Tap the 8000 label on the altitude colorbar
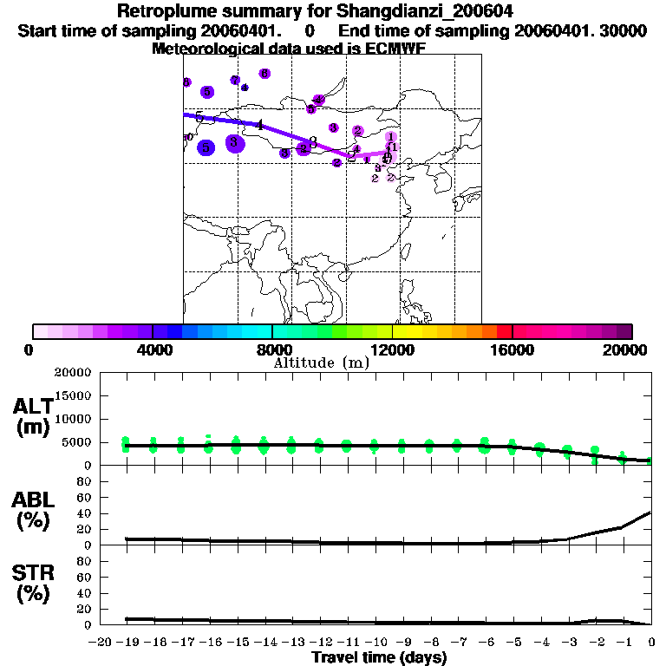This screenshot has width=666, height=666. (x=272, y=350)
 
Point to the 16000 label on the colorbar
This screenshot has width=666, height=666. (x=513, y=350)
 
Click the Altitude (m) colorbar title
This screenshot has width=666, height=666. (x=321, y=362)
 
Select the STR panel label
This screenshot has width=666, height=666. (x=31, y=584)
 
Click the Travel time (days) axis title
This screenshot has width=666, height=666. (x=378, y=658)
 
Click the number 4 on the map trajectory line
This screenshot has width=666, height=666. (x=259, y=125)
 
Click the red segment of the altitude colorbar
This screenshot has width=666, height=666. (x=504, y=331)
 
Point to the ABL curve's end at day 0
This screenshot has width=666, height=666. (x=651, y=513)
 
